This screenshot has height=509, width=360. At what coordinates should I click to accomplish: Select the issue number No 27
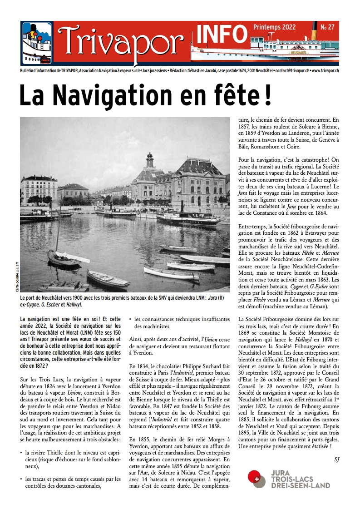(327, 27)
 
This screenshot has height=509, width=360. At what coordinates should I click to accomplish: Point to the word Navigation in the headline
(122, 95)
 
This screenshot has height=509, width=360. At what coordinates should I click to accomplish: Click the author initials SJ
(336, 460)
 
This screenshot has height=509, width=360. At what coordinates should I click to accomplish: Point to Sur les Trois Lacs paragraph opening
(41, 378)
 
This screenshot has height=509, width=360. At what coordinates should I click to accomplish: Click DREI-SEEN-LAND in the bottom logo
(300, 485)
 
